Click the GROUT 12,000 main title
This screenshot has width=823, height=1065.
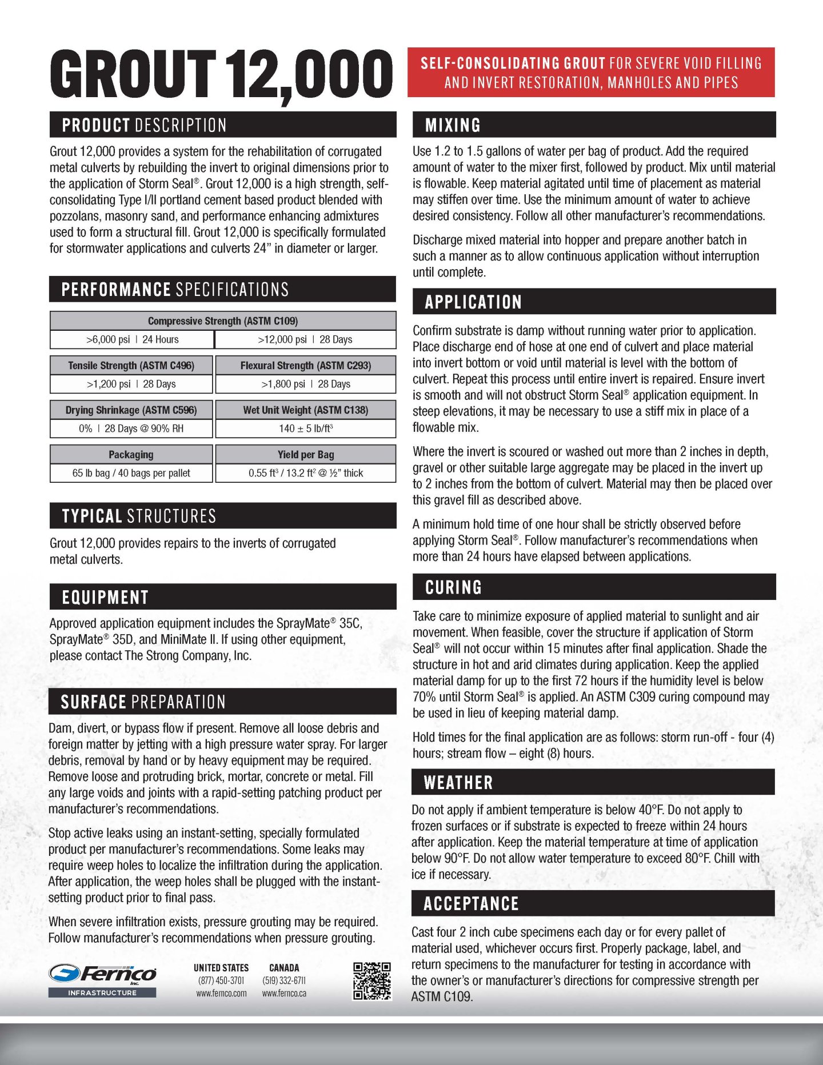tap(222, 74)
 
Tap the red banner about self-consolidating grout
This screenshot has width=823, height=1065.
tap(591, 73)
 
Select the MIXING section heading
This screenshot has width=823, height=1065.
tap(453, 125)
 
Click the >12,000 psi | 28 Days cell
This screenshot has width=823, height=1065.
tap(305, 339)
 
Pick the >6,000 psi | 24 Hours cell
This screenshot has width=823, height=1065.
tap(132, 339)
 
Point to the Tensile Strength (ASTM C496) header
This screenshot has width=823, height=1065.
tap(131, 366)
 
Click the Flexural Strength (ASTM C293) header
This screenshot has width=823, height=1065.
tap(305, 366)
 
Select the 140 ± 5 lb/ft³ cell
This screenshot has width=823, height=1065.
tap(305, 429)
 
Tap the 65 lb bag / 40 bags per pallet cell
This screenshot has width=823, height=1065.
tap(131, 473)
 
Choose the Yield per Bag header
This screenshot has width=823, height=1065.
tap(305, 455)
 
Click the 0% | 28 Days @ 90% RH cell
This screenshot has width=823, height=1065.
tap(131, 429)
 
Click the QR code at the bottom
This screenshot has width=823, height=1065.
tap(371, 981)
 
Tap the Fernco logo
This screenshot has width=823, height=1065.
tap(103, 974)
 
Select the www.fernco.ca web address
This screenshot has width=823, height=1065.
tap(284, 994)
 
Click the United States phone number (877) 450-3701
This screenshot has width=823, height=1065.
tap(221, 980)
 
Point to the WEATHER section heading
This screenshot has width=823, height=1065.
tap(458, 782)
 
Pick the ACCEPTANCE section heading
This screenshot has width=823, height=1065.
tap(471, 903)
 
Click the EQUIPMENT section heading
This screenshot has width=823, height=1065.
tap(105, 598)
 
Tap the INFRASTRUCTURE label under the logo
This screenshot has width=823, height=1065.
tap(102, 993)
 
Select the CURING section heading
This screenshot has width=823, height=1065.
tap(453, 587)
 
